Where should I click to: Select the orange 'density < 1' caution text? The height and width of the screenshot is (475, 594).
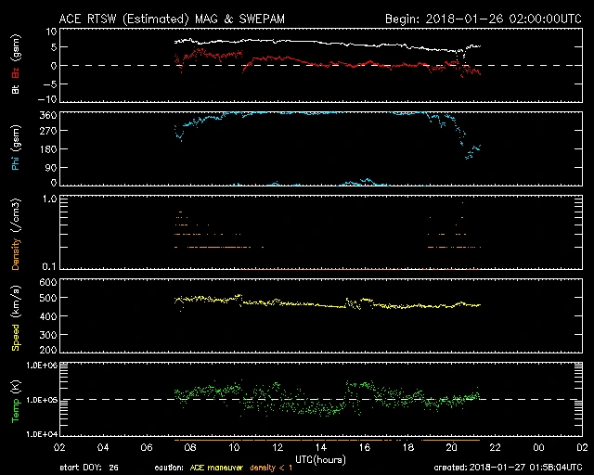tap(264, 468)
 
